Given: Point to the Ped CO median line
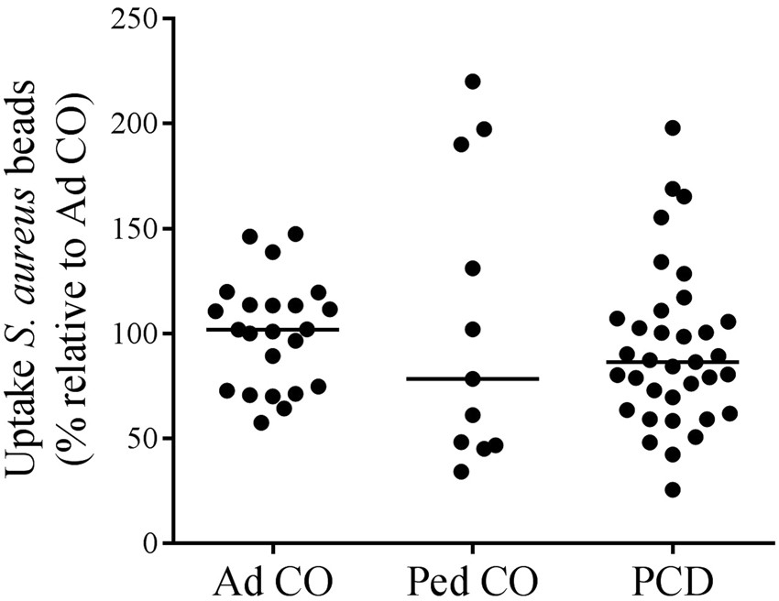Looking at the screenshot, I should (473, 378).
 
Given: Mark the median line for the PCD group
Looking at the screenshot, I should (673, 362).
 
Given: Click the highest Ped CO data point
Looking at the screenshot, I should (473, 82).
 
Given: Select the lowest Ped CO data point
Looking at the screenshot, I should (461, 472).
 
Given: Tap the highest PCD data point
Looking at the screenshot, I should (673, 127).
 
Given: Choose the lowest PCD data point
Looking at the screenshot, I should (673, 490).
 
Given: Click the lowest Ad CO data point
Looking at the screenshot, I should (261, 422).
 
